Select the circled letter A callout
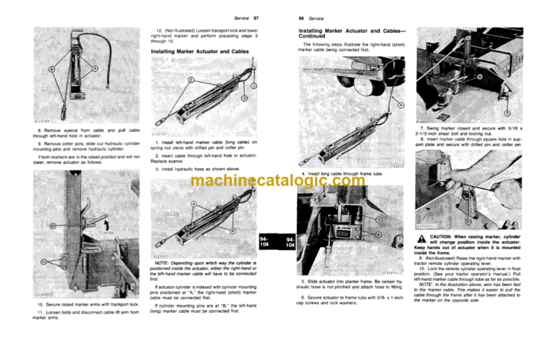pos(191,204)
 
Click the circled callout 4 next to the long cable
pos(399,106)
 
